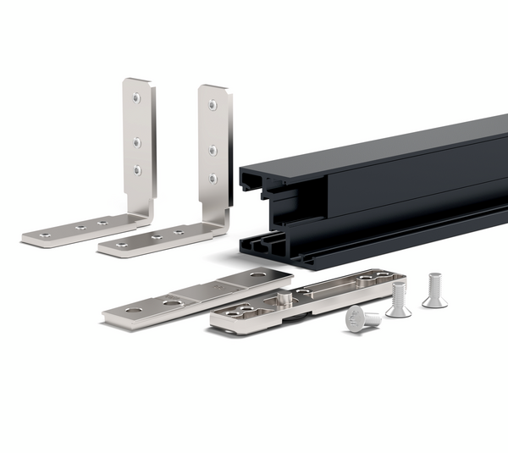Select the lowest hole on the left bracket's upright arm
(137, 169)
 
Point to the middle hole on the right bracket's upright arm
(213, 150)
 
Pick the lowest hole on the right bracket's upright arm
(213, 178)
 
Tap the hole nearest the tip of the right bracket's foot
(124, 245)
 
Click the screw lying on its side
(362, 319)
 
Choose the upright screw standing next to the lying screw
(398, 299)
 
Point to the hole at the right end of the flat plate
(257, 276)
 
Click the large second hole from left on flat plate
(172, 301)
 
